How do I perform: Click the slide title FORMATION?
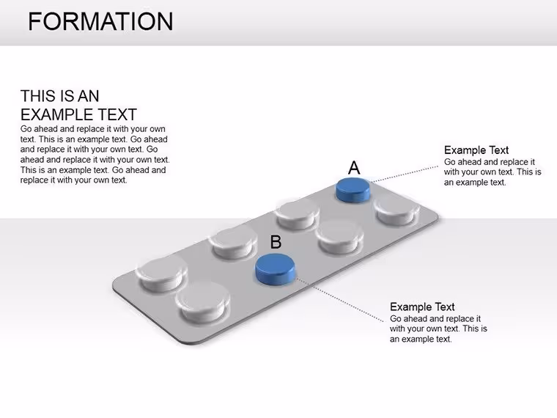tap(100, 21)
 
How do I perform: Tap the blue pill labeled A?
tap(353, 191)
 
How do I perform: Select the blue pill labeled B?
tap(276, 269)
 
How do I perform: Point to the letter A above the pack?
tap(354, 167)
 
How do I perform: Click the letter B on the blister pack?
tap(276, 242)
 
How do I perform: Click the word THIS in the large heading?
tap(37, 96)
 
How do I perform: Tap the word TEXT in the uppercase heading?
tap(117, 115)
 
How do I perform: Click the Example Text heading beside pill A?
tap(476, 150)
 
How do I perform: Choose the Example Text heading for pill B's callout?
tap(422, 307)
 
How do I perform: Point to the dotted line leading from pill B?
tap(340, 300)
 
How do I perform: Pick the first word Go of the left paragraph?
tap(26, 129)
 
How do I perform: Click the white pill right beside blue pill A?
tap(396, 210)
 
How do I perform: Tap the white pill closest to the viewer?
tap(203, 302)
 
